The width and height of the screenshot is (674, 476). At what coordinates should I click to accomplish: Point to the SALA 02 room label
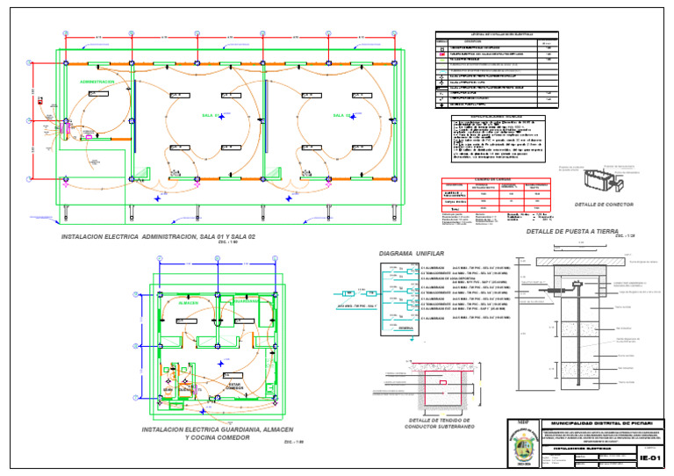pyautogui.click(x=342, y=115)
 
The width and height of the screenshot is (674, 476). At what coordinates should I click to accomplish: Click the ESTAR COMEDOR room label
pyautogui.click(x=234, y=386)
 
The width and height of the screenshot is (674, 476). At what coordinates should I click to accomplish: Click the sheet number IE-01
pyautogui.click(x=651, y=458)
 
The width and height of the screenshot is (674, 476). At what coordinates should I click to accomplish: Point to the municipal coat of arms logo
pyautogui.click(x=523, y=446)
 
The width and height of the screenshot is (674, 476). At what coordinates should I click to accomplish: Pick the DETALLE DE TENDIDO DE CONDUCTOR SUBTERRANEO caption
pyautogui.click(x=440, y=424)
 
